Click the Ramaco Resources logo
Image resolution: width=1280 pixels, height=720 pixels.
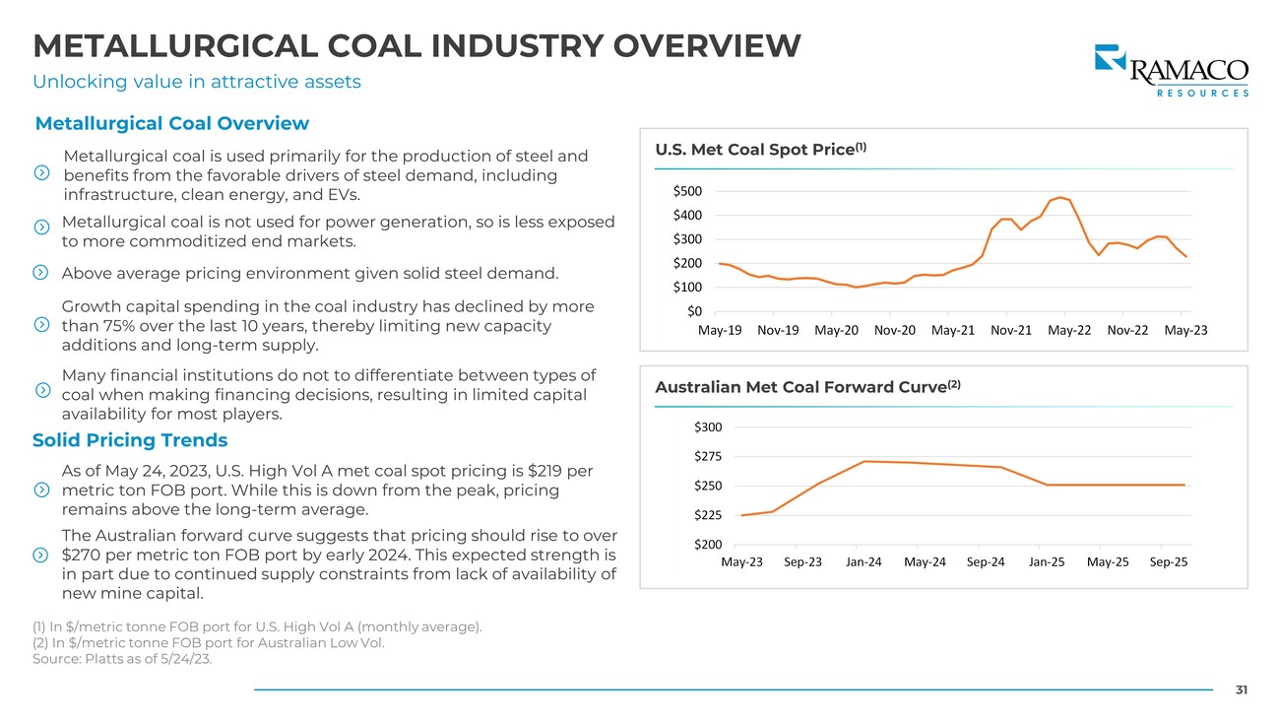point(1171,70)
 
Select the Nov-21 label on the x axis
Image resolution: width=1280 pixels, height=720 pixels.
point(1012,330)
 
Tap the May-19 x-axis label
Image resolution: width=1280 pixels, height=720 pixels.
point(720,330)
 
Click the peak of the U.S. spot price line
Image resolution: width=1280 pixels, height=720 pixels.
point(1059,197)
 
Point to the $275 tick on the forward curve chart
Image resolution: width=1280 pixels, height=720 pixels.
point(708,456)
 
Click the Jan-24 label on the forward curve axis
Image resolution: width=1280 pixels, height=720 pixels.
point(864,562)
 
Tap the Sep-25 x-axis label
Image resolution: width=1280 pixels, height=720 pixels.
point(1168,562)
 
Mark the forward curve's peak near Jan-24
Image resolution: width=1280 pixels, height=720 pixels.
point(864,461)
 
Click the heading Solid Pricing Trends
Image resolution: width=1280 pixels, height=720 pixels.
point(130,440)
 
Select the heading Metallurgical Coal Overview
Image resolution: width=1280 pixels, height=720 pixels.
point(172,124)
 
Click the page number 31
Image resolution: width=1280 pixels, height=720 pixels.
point(1241,690)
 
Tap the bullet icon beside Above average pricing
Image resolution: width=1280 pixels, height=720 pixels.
point(40,273)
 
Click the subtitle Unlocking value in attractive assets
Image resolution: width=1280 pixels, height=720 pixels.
point(197,82)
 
